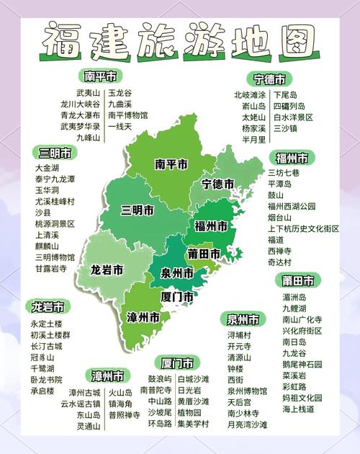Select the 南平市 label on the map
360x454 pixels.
point(171,164)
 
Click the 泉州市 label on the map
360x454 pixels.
point(176,274)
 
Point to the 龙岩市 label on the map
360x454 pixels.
point(107,270)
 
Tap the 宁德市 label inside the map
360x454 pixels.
point(217,184)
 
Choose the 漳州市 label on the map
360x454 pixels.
point(143,317)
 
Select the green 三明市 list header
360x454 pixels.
point(55,153)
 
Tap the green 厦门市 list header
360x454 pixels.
point(176,362)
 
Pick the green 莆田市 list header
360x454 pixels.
point(297,280)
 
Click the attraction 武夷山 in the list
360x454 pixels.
point(89,93)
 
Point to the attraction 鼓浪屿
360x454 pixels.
point(160,378)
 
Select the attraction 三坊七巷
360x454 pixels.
point(284,173)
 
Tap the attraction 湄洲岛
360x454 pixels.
point(294,297)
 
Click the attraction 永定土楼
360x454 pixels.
point(47,324)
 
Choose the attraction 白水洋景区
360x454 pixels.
point(293,117)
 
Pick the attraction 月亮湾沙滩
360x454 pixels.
point(247,425)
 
